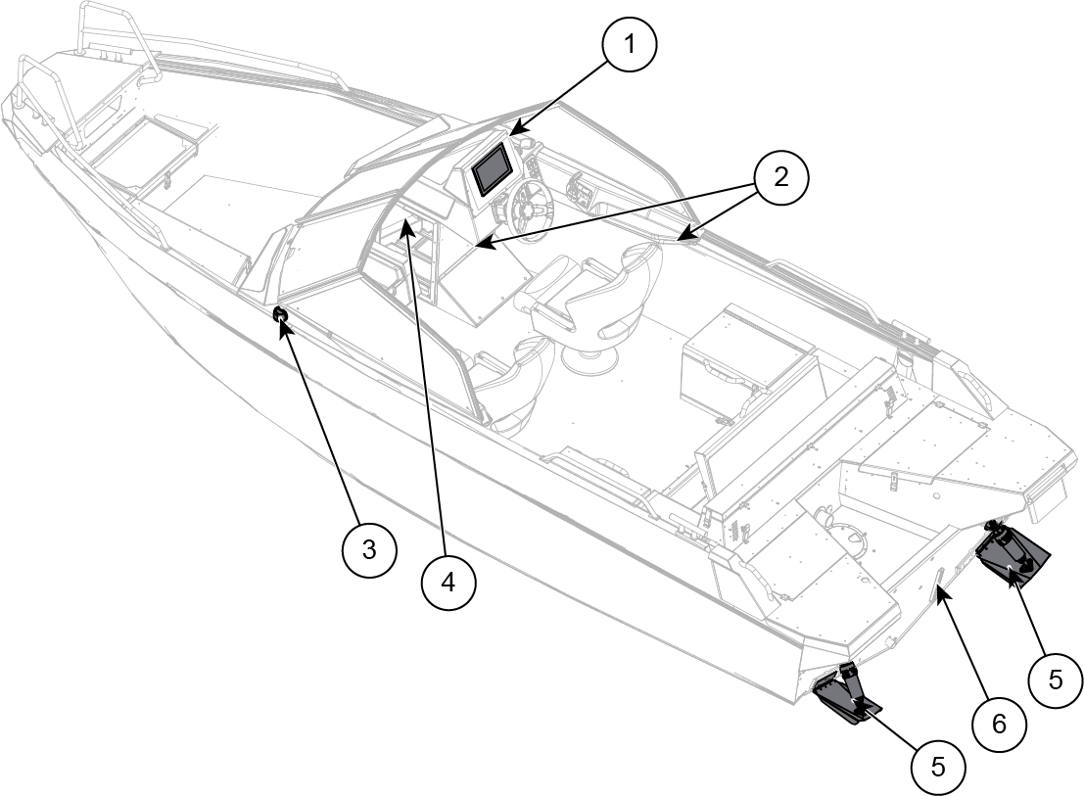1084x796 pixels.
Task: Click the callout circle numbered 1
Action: coord(630,46)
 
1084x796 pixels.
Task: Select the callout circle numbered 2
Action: coord(780,178)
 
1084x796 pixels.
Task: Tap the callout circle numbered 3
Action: coord(368,549)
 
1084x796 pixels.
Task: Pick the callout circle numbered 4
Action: coord(448,583)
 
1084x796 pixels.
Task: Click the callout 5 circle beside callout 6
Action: coord(1055,679)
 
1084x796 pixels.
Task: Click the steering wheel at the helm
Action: coord(530,208)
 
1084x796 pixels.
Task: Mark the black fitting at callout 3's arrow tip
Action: coord(280,314)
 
